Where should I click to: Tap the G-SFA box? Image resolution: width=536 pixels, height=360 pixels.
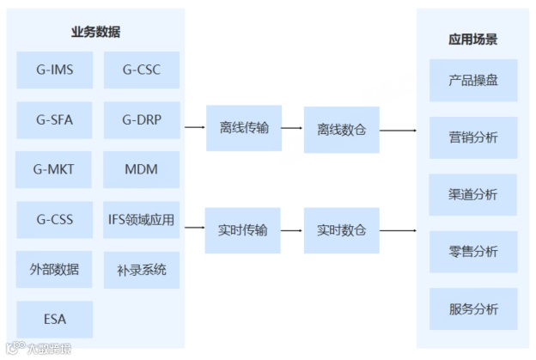54,120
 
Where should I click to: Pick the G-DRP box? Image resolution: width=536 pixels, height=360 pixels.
141,120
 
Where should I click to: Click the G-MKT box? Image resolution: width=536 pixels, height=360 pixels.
54,169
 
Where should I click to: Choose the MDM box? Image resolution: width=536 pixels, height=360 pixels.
141,169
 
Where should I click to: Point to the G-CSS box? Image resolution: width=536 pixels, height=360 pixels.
54,219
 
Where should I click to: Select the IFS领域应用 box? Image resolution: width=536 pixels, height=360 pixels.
141,219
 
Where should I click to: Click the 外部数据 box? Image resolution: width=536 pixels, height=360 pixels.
54,269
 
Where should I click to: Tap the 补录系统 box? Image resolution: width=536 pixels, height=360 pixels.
141,269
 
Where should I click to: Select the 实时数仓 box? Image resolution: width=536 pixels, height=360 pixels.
341,230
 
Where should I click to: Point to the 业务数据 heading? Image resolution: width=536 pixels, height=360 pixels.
95,33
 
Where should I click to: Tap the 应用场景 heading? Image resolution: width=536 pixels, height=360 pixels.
472,40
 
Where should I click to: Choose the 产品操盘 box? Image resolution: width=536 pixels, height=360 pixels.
473,82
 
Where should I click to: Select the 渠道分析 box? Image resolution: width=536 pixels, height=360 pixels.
473,194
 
